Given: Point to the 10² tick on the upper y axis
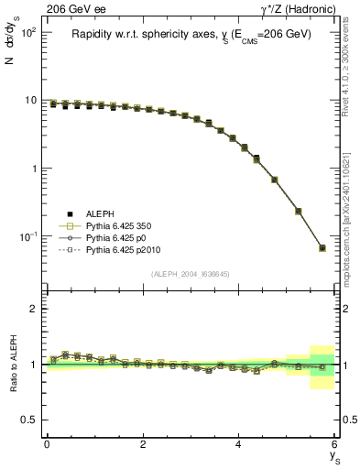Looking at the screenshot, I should (29, 32).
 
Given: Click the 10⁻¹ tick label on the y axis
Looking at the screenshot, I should (28, 237).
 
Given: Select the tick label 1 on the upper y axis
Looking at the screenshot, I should (34, 169).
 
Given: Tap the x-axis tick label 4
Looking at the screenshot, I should (239, 444).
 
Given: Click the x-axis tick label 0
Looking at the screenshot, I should (47, 444).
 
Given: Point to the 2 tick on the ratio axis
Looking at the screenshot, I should (34, 309).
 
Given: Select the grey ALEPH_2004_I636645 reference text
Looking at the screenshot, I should (191, 274).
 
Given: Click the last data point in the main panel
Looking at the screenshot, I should (322, 248).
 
